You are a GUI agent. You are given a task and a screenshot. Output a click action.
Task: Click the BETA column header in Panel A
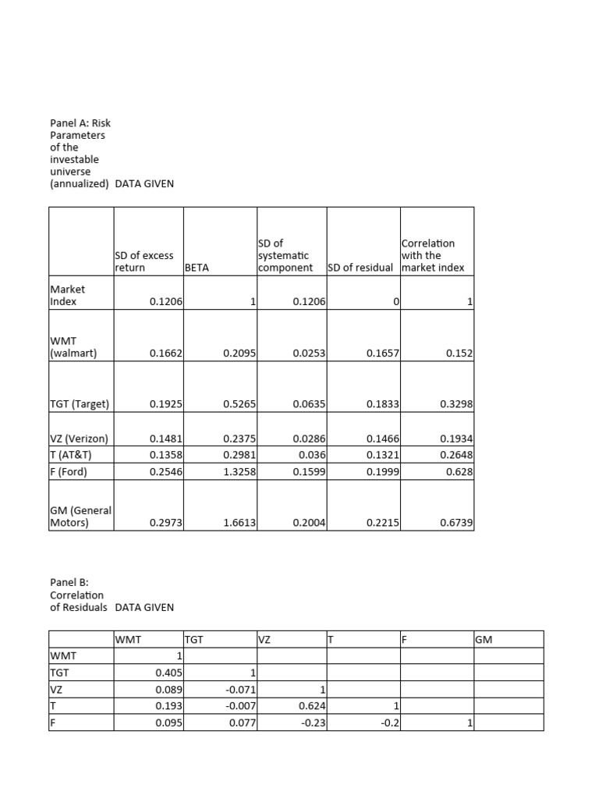[197, 268]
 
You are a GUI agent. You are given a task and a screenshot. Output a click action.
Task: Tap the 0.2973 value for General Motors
[165, 524]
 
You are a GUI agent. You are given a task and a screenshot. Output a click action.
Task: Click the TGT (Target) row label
[80, 404]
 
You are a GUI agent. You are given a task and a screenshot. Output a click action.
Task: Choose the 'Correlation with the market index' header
[433, 255]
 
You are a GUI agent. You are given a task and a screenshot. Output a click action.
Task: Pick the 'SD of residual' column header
[363, 268]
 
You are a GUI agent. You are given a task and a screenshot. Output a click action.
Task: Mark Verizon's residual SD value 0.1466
[383, 439]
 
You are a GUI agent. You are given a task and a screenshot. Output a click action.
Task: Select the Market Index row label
[68, 295]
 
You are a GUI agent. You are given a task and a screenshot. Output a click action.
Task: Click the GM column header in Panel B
[484, 640]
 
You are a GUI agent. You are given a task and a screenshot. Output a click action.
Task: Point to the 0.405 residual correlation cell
[168, 673]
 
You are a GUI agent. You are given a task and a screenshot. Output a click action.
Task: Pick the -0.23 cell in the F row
[315, 723]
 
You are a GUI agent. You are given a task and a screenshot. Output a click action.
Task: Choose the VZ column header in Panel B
[264, 640]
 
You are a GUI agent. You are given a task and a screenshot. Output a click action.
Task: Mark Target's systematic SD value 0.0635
[310, 404]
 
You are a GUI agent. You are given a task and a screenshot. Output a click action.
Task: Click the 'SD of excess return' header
[144, 261]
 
